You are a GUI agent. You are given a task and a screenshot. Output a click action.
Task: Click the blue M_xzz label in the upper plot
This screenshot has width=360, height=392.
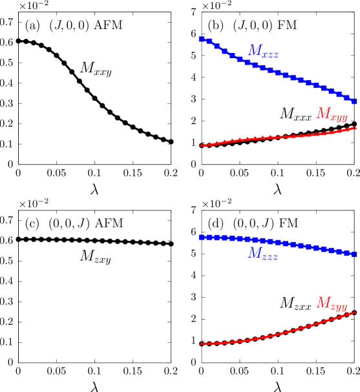(x=263, y=51)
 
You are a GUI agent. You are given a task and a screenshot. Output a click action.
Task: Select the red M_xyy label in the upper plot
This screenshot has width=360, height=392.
(x=332, y=114)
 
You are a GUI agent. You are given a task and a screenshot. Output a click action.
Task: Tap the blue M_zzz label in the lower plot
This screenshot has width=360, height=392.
(x=263, y=254)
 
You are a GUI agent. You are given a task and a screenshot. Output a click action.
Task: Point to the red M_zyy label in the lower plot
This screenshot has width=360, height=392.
(x=332, y=303)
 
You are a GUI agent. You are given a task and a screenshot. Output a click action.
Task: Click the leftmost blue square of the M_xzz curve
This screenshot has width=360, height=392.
(x=202, y=39)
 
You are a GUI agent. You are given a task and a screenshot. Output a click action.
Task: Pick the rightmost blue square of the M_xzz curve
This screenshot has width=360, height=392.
(x=354, y=101)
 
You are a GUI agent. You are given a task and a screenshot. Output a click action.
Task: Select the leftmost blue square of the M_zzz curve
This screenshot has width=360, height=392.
(x=202, y=238)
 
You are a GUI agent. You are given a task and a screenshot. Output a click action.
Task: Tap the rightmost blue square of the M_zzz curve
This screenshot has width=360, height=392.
(x=354, y=254)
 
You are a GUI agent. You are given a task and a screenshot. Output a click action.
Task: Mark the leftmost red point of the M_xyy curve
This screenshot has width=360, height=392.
(x=201, y=145)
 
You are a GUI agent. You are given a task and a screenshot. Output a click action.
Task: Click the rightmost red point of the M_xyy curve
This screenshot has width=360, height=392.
(x=355, y=128)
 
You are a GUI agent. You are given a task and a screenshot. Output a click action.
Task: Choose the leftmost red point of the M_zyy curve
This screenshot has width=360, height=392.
(x=201, y=344)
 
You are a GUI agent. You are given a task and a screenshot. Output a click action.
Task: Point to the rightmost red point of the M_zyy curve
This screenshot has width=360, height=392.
(x=355, y=313)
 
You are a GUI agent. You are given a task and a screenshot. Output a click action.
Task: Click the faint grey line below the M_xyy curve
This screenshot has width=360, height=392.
(x=278, y=165)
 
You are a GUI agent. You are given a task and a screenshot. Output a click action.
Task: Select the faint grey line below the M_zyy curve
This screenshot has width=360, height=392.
(x=278, y=363)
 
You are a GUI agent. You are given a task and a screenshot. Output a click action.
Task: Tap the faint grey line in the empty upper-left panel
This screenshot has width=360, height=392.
(x=94, y=165)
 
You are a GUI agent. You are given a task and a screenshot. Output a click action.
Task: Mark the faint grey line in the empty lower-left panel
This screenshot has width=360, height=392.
(x=94, y=363)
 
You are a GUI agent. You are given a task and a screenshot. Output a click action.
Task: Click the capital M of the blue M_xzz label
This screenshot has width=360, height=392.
(x=255, y=50)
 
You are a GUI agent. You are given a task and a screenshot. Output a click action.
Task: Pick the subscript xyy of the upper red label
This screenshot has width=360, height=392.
(x=339, y=118)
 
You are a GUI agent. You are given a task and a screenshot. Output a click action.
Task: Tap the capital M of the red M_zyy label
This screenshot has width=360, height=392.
(x=323, y=302)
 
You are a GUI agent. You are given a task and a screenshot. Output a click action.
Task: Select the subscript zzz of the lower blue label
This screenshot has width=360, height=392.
(x=270, y=257)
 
